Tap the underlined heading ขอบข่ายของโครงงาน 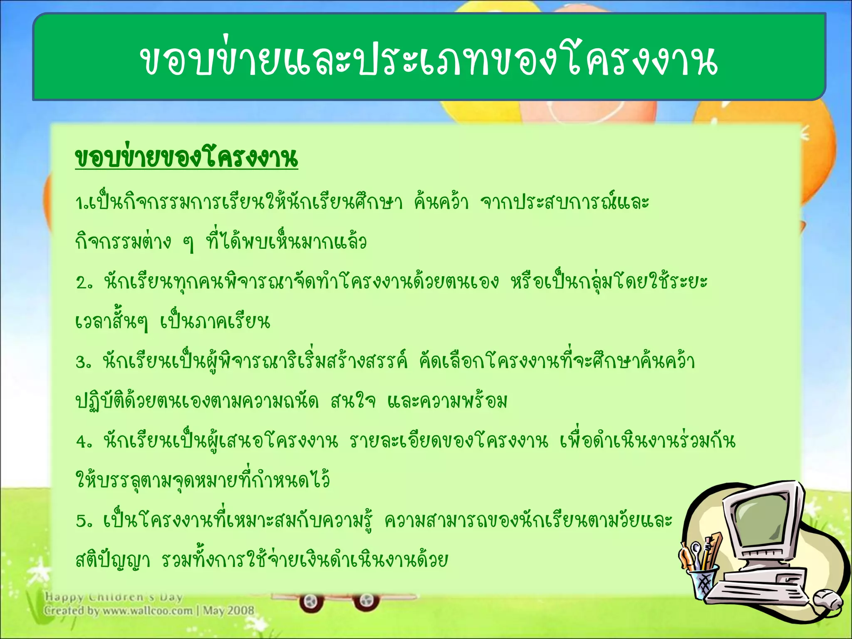click(186, 158)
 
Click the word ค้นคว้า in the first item click(441, 203)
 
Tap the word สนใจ click(353, 402)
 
